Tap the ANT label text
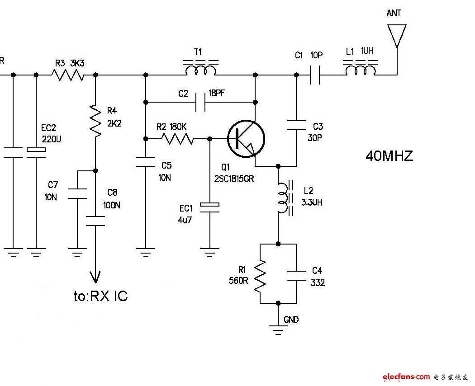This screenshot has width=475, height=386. [x=394, y=13]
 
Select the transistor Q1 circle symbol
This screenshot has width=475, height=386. [x=246, y=139]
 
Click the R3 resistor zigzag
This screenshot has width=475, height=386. [x=68, y=75]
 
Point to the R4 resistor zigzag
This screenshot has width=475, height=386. [x=95, y=121]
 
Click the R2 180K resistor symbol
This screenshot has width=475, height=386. [x=177, y=139]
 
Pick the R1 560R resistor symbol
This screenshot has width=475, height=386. [x=260, y=276]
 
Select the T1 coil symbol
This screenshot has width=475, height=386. [x=200, y=68]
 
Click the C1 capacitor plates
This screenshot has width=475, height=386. [x=315, y=75]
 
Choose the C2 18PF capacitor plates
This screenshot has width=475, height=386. [x=200, y=102]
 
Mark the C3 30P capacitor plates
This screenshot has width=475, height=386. [x=296, y=125]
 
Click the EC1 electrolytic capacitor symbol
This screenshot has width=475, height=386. [x=209, y=207]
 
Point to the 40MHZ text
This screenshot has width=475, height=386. [x=389, y=156]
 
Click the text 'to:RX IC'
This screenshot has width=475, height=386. [x=100, y=296]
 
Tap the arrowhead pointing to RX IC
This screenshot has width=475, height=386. [x=95, y=277]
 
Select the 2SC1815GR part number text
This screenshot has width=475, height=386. [x=234, y=179]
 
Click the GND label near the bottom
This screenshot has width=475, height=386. [x=291, y=320]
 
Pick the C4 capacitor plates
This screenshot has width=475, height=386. [x=296, y=276]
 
